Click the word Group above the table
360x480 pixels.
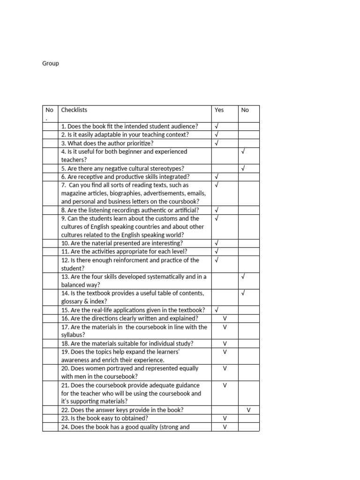point(51,63)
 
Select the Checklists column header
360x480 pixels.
point(74,110)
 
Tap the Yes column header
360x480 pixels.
point(219,110)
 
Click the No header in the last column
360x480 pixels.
point(245,110)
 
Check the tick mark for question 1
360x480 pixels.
point(217,127)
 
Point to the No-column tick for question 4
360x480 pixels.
point(243,152)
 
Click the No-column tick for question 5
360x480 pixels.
point(243,168)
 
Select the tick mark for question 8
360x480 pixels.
point(217,210)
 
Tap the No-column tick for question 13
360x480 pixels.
point(243,277)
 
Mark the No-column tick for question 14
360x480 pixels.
point(243,293)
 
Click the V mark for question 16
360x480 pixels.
point(225,319)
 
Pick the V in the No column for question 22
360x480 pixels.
point(249,410)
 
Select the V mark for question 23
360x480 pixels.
point(225,419)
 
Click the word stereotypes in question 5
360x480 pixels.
point(166,169)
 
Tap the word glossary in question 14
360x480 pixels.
point(72,302)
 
